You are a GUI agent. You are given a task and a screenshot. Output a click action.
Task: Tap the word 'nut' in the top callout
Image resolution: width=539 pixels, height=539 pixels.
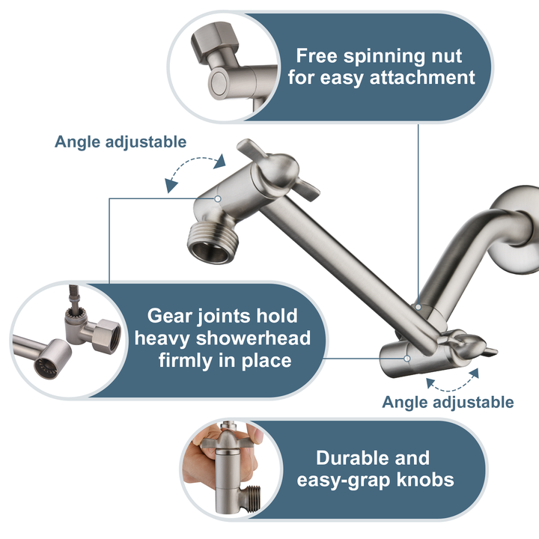pos(443,55)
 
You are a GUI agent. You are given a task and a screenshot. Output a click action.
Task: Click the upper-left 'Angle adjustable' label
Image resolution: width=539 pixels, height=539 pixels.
pos(121,141)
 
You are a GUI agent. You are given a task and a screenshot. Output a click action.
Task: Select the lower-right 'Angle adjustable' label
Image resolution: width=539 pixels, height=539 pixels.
pos(448,402)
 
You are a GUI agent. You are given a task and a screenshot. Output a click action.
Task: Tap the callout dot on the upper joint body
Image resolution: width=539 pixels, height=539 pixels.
pos(217,198)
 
